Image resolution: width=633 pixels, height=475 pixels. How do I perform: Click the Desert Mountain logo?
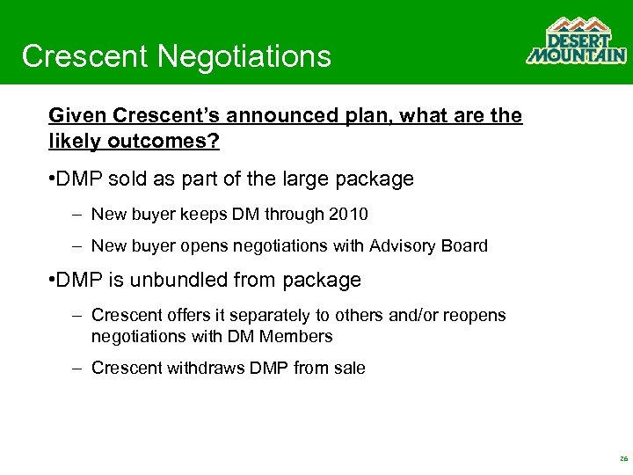(576, 41)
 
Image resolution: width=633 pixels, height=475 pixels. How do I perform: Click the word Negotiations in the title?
(245, 56)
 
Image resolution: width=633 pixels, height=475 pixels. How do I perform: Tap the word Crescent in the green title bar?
(85, 56)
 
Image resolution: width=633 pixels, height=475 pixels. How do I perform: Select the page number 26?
(623, 459)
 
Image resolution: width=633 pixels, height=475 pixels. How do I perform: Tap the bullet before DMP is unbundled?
(53, 281)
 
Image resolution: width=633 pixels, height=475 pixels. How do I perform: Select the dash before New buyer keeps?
(77, 214)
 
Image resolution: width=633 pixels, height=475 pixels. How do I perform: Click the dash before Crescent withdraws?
(77, 369)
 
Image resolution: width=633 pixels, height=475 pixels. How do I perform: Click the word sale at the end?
(348, 369)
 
